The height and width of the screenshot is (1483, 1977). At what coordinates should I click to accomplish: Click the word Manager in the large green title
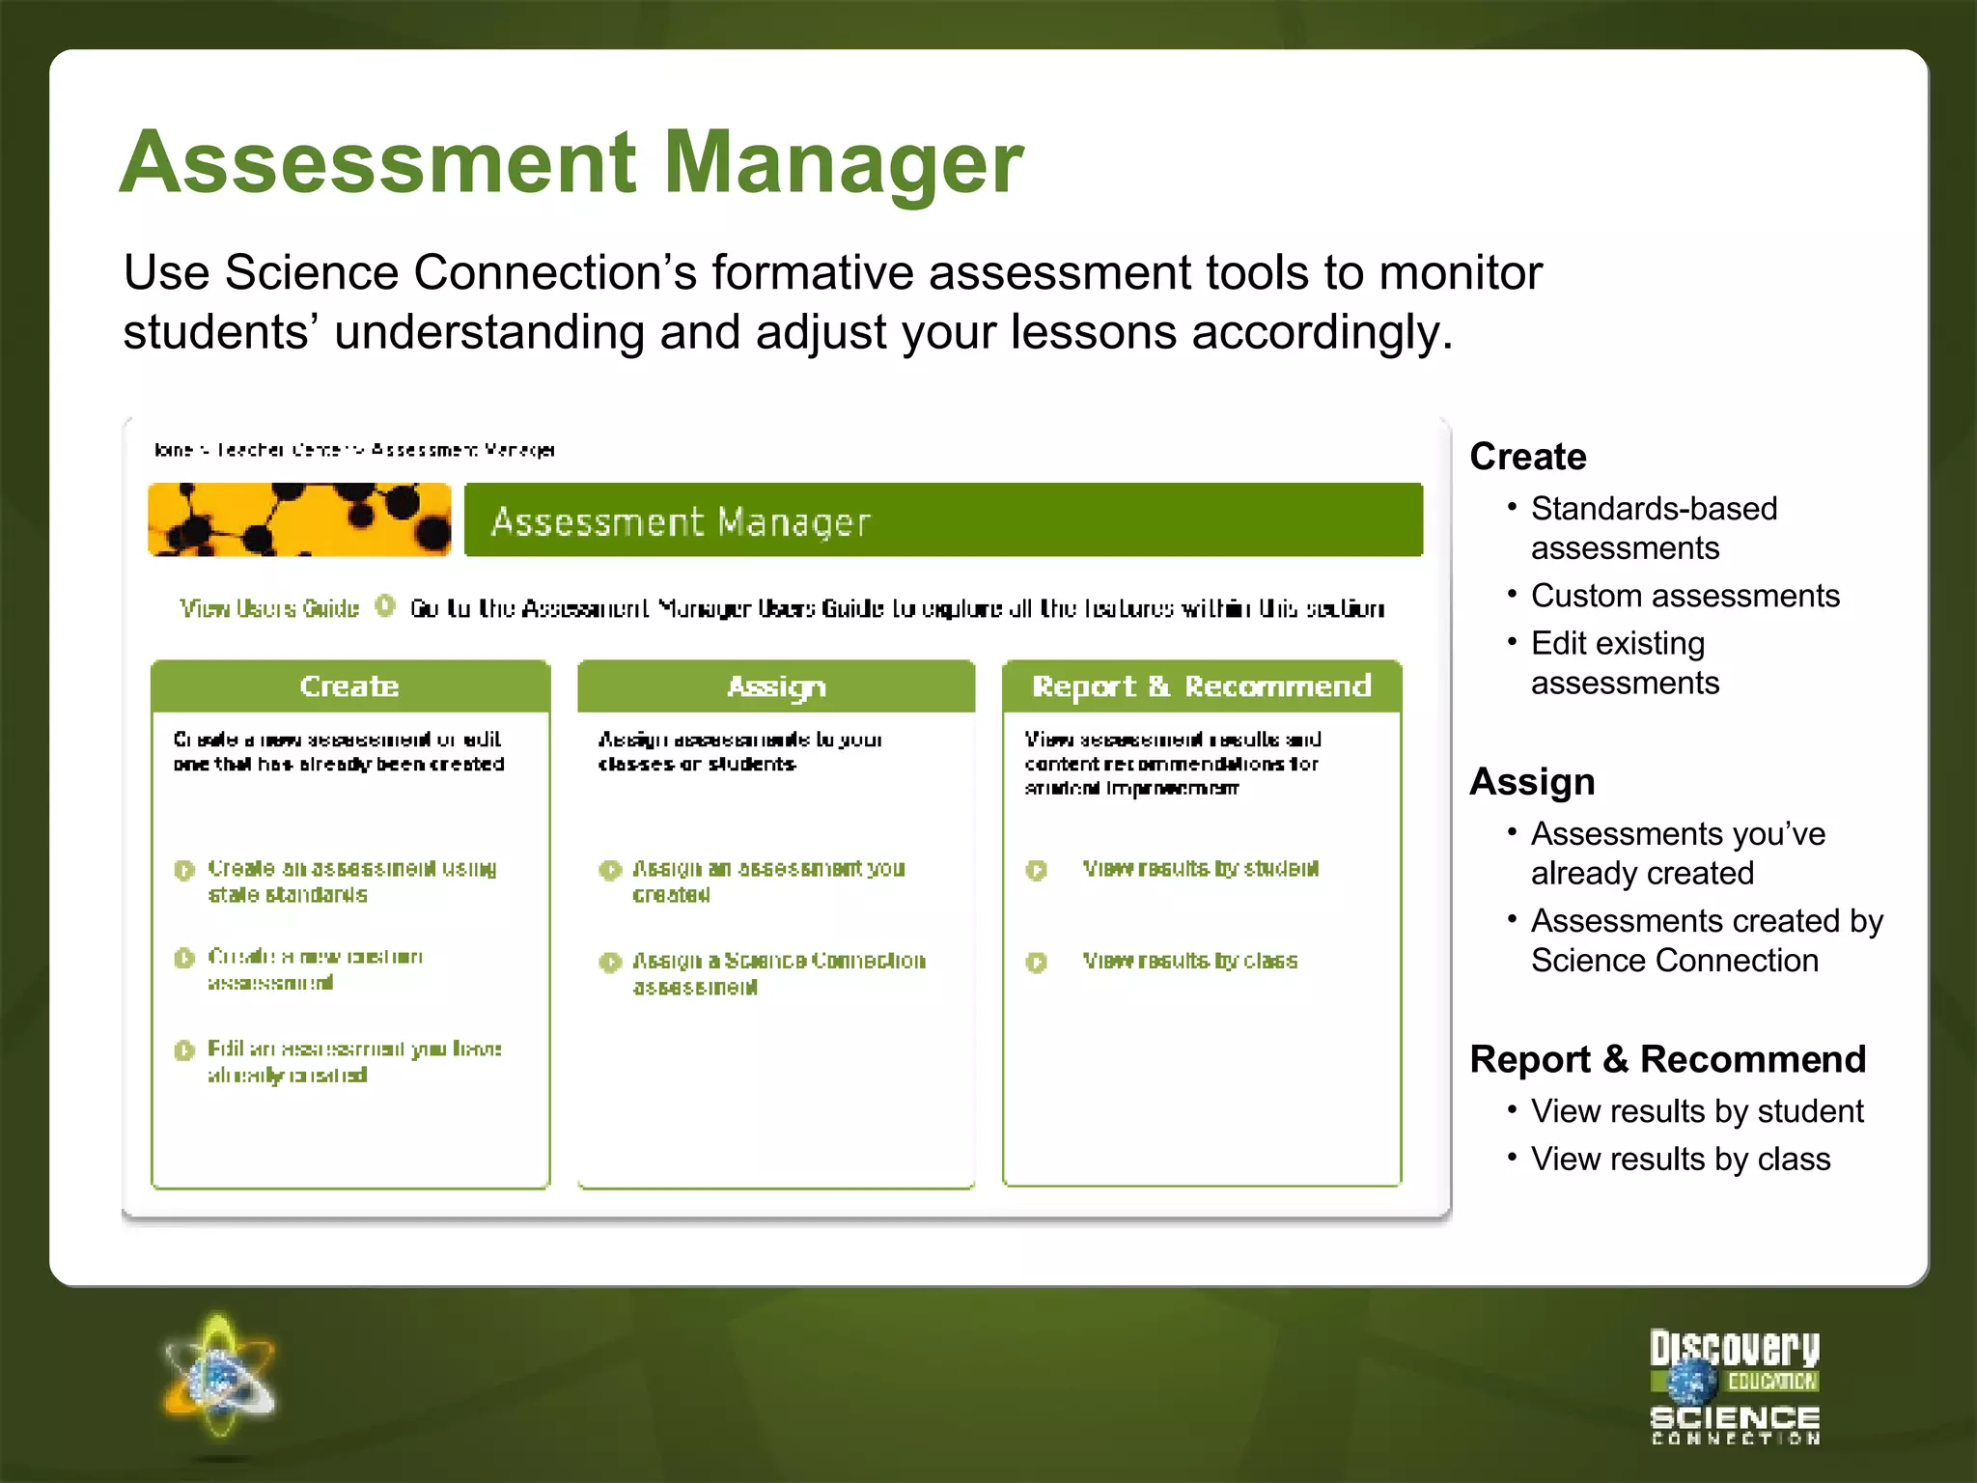[x=844, y=162]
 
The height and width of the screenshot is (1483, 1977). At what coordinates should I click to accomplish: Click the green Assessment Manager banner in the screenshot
[x=942, y=520]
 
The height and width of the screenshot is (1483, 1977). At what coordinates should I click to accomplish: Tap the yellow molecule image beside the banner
[x=299, y=520]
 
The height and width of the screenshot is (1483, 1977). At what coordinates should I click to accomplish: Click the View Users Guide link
[x=269, y=608]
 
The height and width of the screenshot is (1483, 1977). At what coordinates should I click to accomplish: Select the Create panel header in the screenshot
[x=349, y=686]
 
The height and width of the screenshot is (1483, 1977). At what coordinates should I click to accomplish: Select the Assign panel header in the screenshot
[x=776, y=686]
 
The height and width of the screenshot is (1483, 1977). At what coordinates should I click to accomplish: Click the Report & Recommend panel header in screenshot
[x=1202, y=686]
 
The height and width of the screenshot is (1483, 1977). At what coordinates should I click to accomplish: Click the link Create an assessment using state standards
[x=351, y=881]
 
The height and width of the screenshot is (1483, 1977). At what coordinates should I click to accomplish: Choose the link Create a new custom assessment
[x=315, y=968]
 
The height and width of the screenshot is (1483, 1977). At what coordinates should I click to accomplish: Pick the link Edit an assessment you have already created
[x=353, y=1061]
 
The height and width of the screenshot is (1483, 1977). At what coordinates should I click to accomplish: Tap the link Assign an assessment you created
[x=767, y=881]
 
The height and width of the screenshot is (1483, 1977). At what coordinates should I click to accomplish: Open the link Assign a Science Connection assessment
[x=778, y=972]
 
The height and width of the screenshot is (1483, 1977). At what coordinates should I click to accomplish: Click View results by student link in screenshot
[x=1200, y=868]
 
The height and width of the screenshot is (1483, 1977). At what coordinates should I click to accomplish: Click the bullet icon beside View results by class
[x=1036, y=963]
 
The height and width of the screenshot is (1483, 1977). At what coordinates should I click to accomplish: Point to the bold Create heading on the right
[x=1527, y=456]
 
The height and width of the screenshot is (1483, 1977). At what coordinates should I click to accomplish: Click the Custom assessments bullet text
[x=1685, y=596]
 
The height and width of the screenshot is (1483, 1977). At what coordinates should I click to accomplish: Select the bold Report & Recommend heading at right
[x=1667, y=1059]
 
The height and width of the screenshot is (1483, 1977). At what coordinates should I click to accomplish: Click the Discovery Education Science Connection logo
[x=1734, y=1387]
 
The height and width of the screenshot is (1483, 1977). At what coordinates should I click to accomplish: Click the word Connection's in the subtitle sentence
[x=554, y=272]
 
